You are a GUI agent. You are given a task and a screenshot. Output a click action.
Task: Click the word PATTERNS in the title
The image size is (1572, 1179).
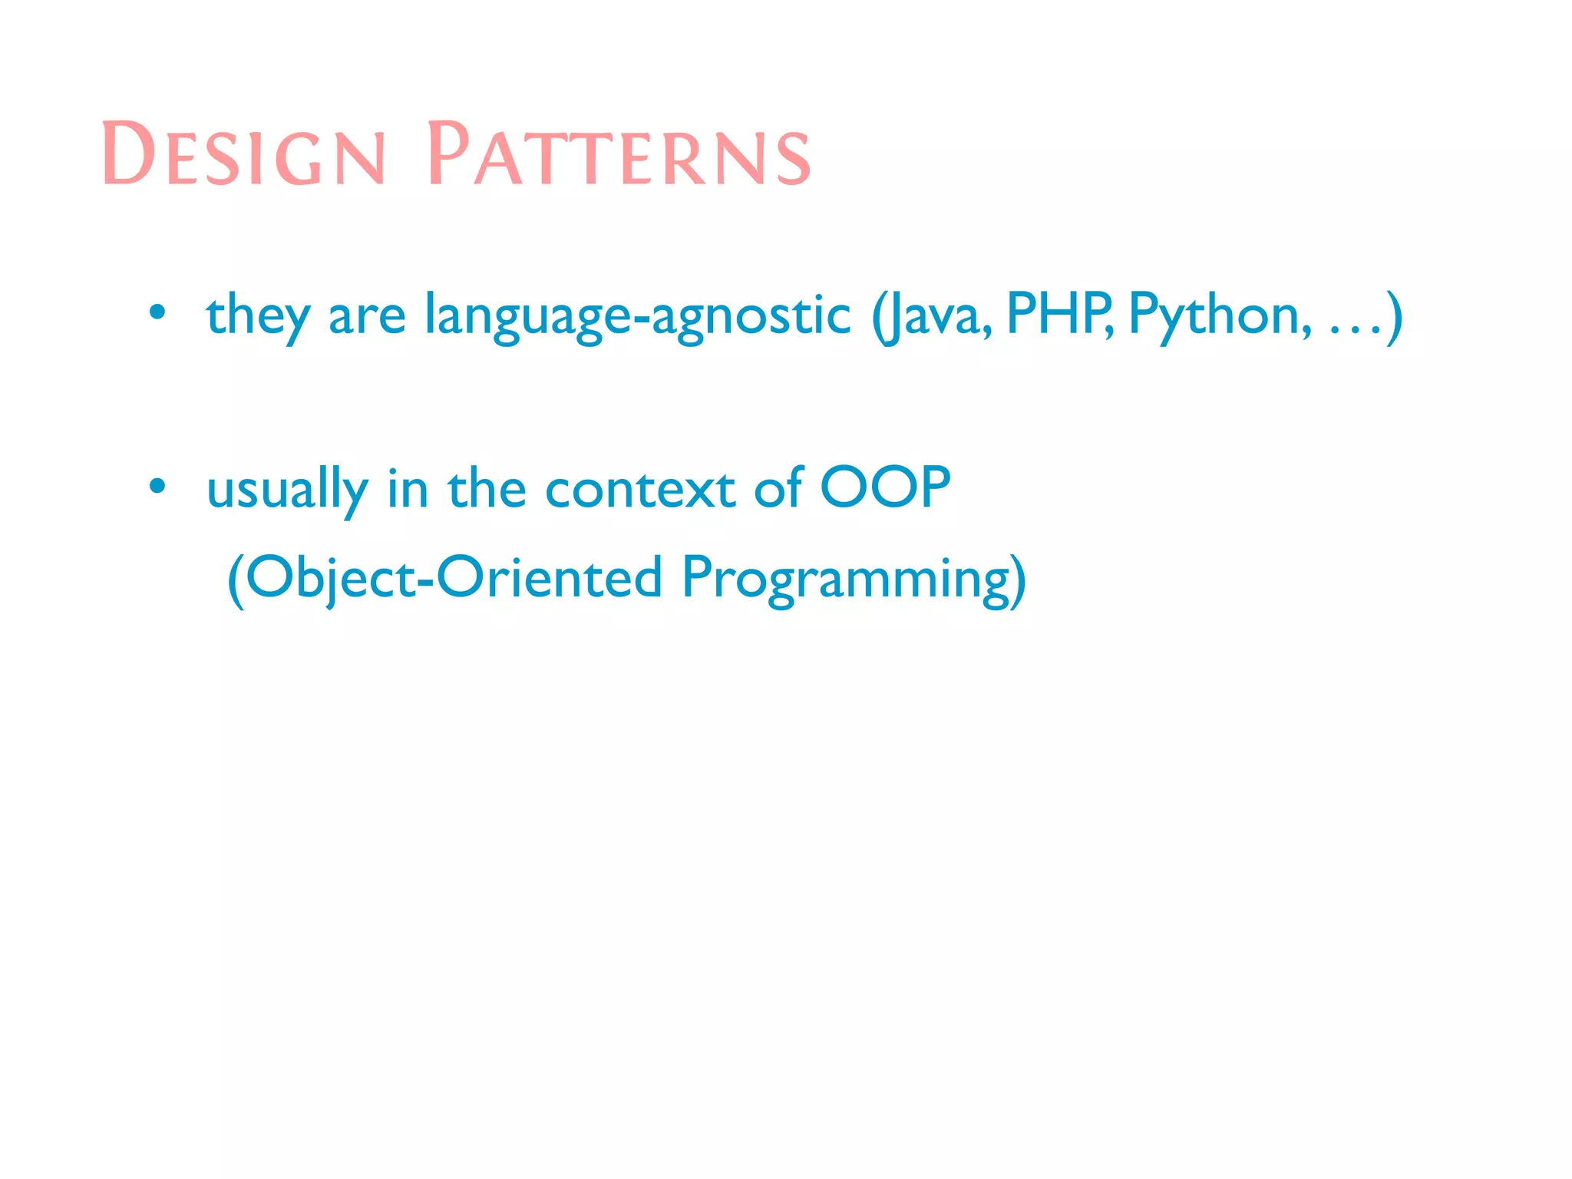619,156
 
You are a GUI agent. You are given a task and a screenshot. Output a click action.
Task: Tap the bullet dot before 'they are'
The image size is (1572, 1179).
157,312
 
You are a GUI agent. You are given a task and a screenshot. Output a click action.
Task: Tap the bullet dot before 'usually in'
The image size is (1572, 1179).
157,486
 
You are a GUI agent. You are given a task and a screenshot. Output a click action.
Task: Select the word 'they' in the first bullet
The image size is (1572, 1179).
258,315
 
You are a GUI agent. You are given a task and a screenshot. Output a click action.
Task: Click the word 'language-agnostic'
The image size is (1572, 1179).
637,315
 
